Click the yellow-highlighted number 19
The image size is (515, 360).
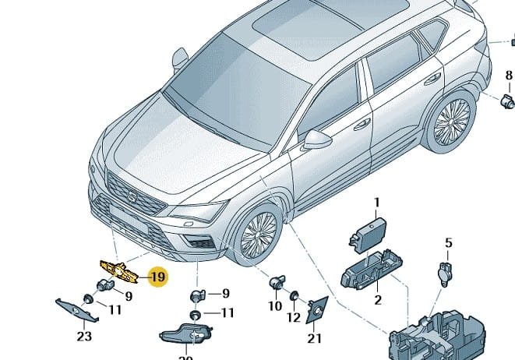tap(158, 277)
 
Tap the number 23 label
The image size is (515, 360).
tap(84, 337)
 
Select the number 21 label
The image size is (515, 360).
tap(314, 337)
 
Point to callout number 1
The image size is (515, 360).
tap(376, 203)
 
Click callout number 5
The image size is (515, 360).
tap(448, 243)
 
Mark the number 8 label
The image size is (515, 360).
tap(509, 76)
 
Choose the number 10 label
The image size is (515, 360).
tap(275, 307)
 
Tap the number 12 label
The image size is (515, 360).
tap(294, 317)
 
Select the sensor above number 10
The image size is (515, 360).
tap(277, 284)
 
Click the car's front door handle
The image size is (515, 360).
tap(362, 125)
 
